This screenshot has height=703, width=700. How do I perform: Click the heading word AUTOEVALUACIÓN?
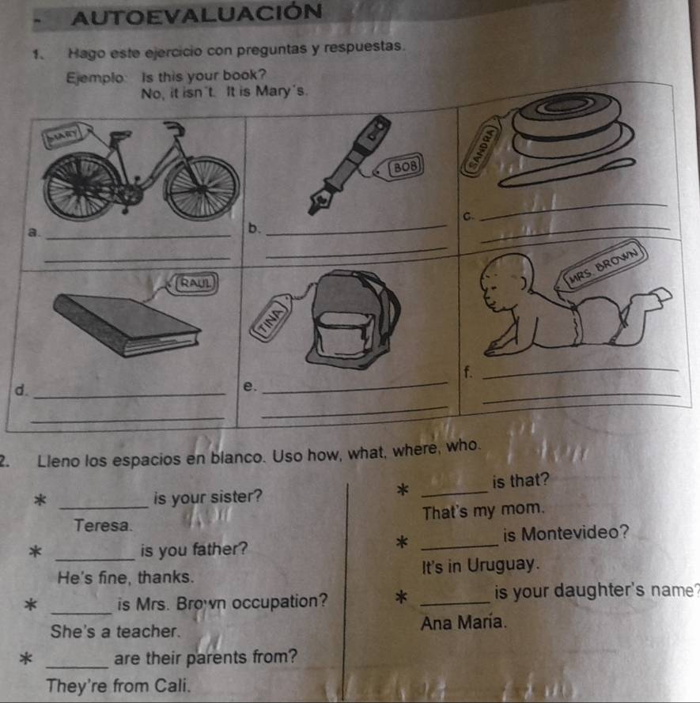click(x=196, y=14)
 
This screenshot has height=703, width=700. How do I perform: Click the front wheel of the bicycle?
click(x=202, y=188)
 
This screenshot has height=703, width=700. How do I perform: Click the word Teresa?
click(x=103, y=525)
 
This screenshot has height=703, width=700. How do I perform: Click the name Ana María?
click(x=464, y=622)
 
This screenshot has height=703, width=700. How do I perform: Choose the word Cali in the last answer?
click(x=172, y=686)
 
